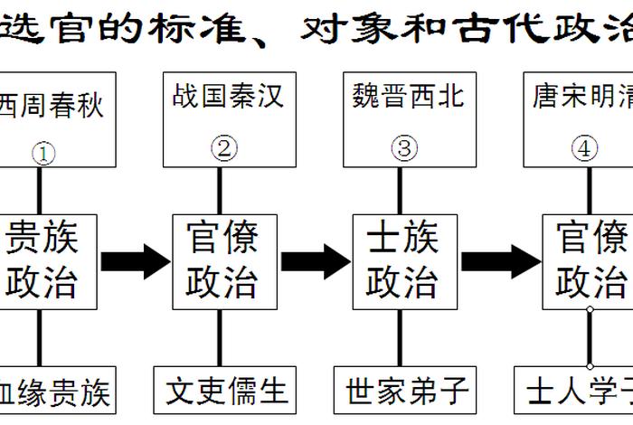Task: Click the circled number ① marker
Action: tap(43, 153)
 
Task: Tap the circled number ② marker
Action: tap(223, 147)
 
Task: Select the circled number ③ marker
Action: tap(402, 147)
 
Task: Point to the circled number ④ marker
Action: tap(585, 148)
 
